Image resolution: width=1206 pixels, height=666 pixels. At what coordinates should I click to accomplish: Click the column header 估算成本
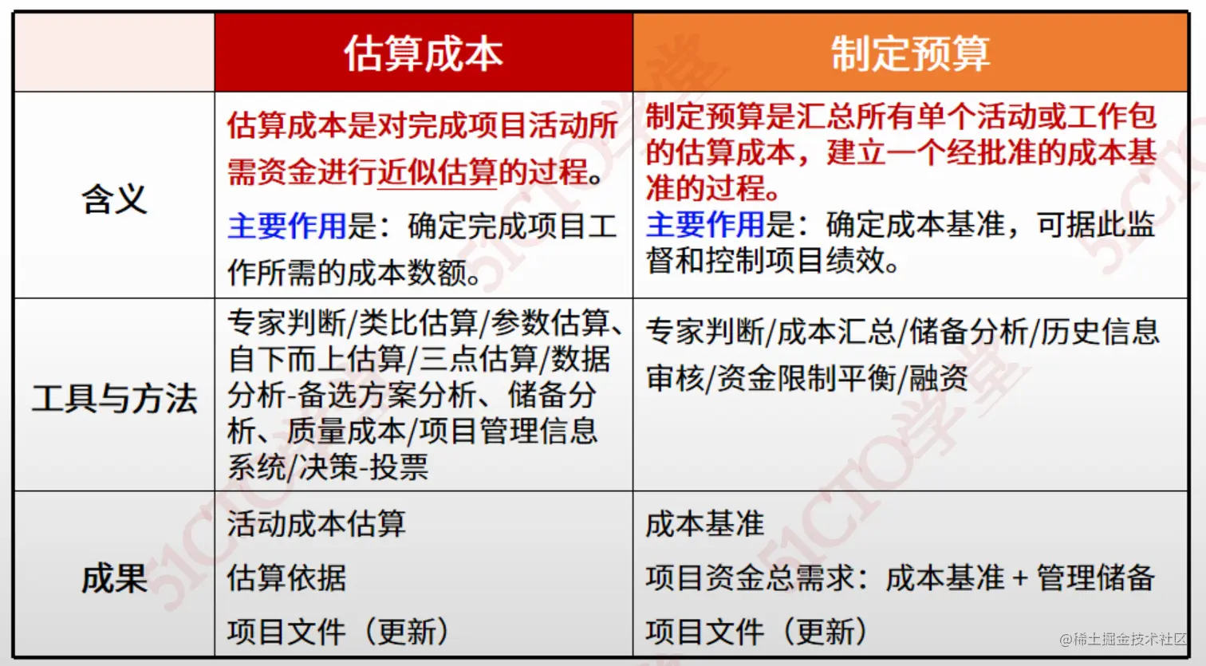click(423, 53)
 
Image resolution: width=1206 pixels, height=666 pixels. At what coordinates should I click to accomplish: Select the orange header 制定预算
click(910, 53)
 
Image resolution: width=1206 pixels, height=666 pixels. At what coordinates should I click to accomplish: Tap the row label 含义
click(114, 199)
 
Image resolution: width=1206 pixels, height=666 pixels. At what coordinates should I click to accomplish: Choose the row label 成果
click(114, 578)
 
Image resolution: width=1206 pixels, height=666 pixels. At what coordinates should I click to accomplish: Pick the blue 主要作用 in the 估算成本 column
click(287, 227)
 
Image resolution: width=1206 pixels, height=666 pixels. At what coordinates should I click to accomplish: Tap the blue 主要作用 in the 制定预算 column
click(705, 225)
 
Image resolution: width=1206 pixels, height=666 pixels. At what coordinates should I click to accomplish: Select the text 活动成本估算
click(317, 524)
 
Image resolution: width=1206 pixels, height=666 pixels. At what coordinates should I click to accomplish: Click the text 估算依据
click(286, 578)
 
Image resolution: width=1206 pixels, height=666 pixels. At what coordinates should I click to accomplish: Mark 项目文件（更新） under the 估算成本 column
click(338, 632)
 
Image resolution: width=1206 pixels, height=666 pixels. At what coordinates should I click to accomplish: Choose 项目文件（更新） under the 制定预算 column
click(756, 632)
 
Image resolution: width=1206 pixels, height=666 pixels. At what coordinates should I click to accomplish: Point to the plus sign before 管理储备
click(1020, 578)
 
